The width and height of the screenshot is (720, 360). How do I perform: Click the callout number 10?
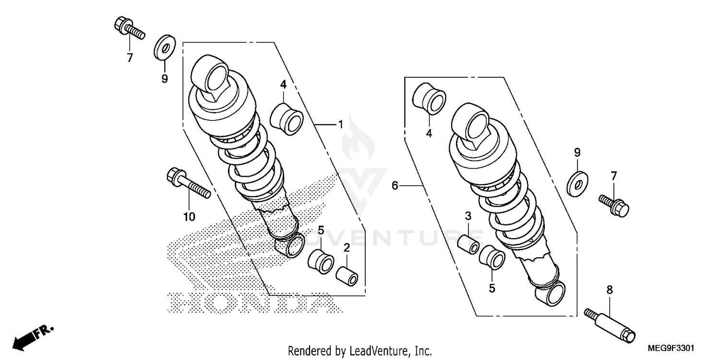point(189,217)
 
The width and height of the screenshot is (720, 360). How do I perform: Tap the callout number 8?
point(610,289)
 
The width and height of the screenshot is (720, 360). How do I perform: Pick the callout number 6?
point(395,185)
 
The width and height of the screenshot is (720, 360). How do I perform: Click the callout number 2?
point(346,248)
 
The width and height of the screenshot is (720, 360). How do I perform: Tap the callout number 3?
point(468,216)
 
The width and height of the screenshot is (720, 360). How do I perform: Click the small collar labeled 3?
point(468,244)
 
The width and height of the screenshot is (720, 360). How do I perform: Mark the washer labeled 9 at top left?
point(164,48)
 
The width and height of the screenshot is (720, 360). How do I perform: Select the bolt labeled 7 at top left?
point(128,28)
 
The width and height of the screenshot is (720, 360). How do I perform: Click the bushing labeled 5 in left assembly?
point(321,260)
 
